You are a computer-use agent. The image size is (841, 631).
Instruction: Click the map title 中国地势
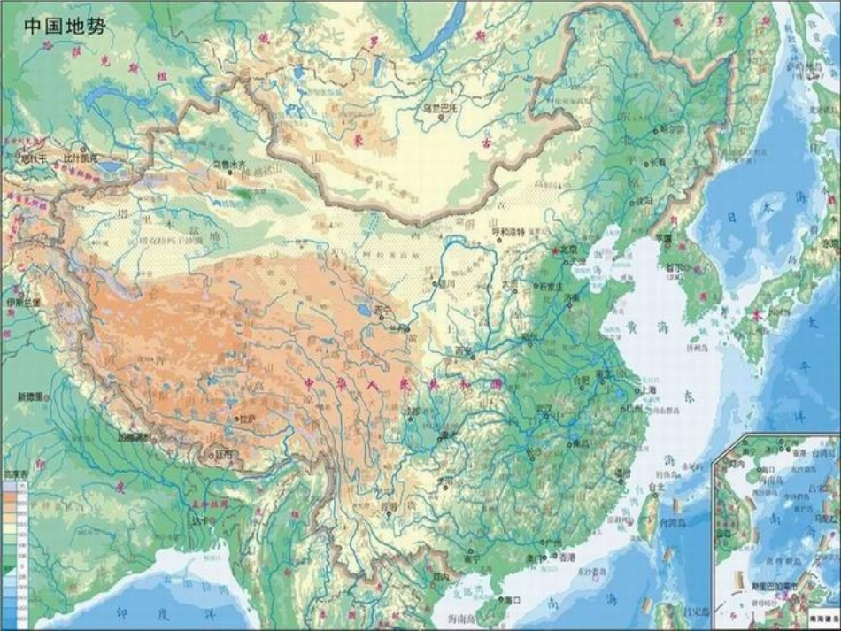(x=64, y=25)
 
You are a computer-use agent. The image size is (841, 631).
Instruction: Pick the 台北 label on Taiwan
(x=656, y=487)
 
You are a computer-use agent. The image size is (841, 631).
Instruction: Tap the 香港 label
(x=565, y=558)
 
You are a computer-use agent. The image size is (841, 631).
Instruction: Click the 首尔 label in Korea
(x=674, y=266)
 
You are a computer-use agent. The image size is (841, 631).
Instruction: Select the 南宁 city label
(x=471, y=559)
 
